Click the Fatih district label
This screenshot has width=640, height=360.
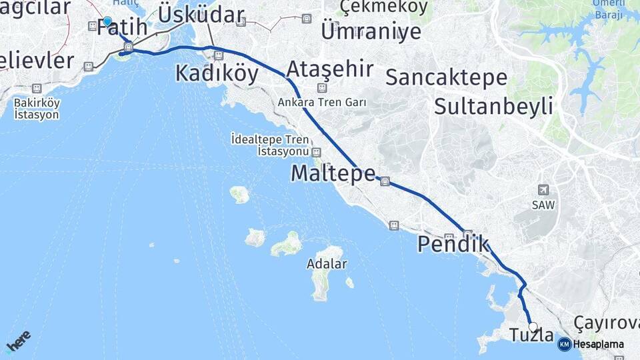pos(121,28)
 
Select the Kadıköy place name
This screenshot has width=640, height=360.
pos(217,73)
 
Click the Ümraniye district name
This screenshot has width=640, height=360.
pos(371,31)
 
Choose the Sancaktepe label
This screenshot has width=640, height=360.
pos(446,77)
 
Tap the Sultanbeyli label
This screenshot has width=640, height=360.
pos(493,105)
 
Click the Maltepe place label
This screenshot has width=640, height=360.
pos(333,173)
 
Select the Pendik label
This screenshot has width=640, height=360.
pos(453,244)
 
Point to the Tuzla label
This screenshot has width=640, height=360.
pos(531,335)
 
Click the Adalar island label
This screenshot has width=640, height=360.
pos(327,263)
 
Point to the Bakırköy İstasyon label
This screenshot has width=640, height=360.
pos(37,109)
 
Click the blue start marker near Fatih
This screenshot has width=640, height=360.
pos(107,21)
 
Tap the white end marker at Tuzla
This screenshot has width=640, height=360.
pos(533,327)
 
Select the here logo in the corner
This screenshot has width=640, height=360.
pos(17,342)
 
